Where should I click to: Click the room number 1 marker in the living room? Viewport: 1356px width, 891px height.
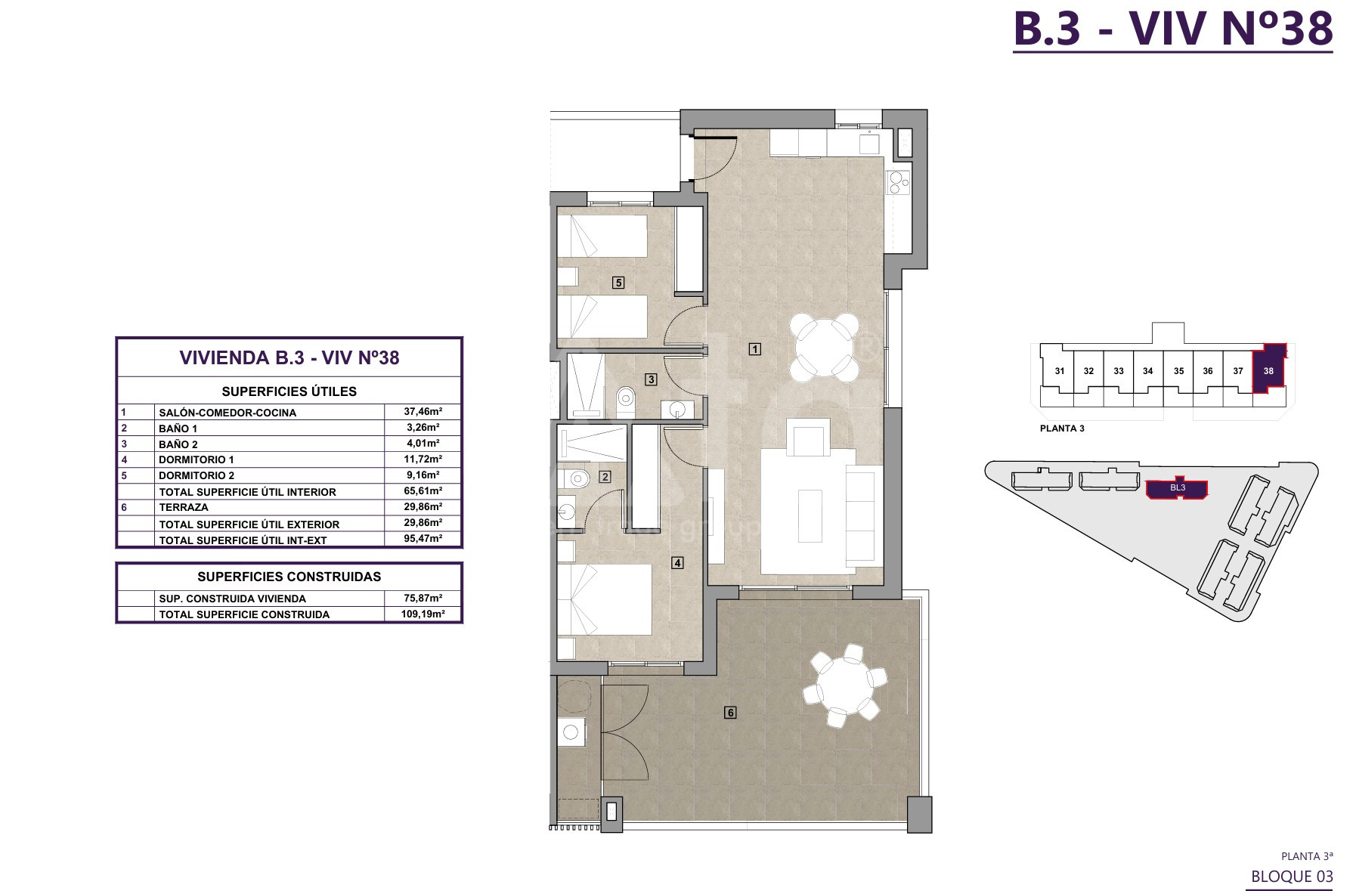pos(754,348)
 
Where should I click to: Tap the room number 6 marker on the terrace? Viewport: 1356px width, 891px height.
pos(729,712)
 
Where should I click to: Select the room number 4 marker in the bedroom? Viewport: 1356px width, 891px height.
pos(678,562)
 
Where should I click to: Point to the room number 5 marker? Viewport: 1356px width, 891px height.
pos(618,282)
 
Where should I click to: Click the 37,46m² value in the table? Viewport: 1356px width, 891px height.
pos(423,412)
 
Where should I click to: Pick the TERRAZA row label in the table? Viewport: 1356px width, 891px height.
pos(184,507)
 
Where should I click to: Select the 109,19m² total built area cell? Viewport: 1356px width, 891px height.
pos(423,614)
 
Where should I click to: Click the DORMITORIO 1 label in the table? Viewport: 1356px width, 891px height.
pos(197,459)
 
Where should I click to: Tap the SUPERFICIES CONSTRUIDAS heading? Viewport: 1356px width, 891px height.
pos(289,577)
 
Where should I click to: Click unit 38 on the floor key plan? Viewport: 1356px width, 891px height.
pos(1268,370)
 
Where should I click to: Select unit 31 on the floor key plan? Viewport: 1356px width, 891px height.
pos(1060,370)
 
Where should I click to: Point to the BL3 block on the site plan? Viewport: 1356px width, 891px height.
pos(1177,489)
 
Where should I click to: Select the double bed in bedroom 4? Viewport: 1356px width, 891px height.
pos(604,599)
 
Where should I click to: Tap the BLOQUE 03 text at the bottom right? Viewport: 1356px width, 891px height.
pos(1292,877)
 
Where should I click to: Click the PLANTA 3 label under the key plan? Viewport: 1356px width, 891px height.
pos(1062,428)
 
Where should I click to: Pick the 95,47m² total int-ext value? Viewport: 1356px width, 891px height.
pos(423,539)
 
